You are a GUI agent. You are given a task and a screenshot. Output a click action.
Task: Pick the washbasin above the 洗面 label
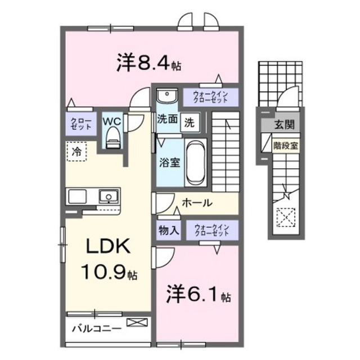pyautogui.click(x=165, y=96)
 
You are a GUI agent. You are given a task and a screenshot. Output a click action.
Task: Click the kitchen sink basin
pyautogui.click(x=107, y=196)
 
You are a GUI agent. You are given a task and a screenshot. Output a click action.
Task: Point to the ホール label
pyautogui.click(x=197, y=202)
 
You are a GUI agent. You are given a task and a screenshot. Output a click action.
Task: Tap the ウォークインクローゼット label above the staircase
pyautogui.click(x=210, y=97)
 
